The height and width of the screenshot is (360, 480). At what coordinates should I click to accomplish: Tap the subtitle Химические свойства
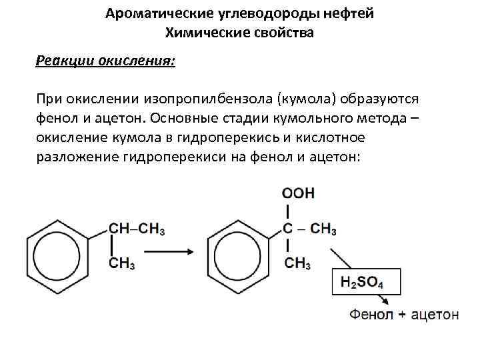[239, 32]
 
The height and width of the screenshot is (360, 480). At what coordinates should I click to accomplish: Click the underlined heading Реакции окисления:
[105, 61]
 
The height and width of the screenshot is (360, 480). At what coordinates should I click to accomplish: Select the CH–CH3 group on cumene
[136, 229]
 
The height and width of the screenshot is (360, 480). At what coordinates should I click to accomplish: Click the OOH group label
[298, 194]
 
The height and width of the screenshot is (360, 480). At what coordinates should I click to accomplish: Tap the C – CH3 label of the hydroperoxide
[309, 229]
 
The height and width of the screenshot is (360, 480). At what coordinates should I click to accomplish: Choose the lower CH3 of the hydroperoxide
[297, 263]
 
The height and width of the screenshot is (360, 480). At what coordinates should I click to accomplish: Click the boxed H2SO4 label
[366, 283]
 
